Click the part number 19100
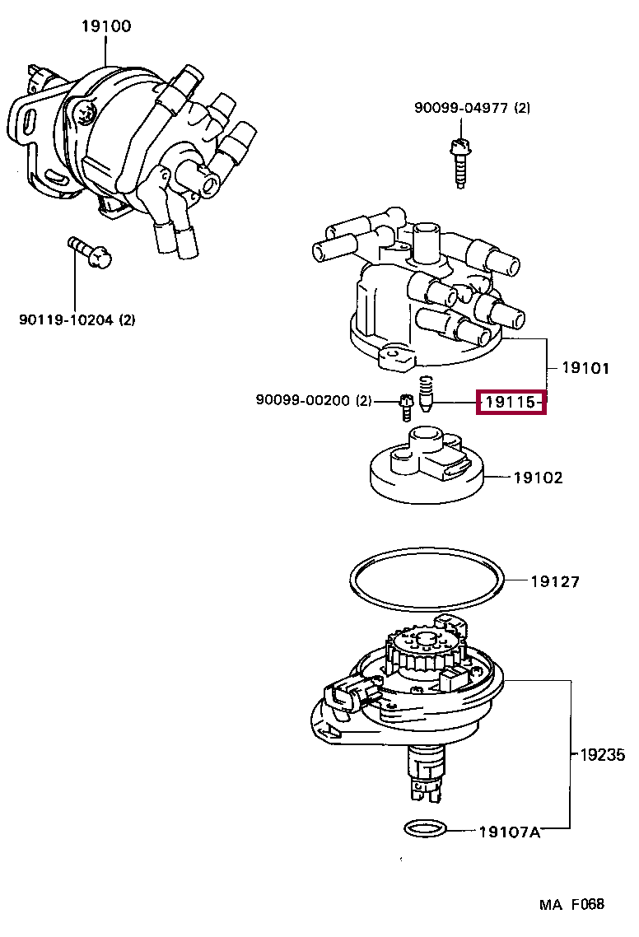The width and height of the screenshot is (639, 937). point(105,26)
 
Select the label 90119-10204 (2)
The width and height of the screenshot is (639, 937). point(77,319)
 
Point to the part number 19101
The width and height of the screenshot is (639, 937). point(585,367)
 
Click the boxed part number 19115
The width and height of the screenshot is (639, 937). point(511,403)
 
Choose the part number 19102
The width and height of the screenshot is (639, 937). point(539,477)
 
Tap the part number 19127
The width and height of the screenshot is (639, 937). point(554,581)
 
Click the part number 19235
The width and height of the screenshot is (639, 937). point(601,753)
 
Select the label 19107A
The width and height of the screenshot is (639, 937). point(509,831)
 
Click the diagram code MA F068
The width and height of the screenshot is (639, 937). point(571,904)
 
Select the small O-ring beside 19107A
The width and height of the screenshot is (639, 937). point(427,827)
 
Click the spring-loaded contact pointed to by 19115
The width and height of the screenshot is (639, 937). point(426,394)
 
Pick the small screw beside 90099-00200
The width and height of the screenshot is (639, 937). point(405,404)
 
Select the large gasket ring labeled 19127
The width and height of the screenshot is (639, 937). point(426,583)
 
